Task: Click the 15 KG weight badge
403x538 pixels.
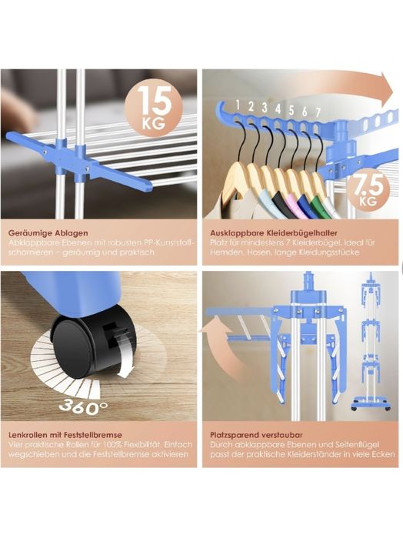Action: click(153, 107)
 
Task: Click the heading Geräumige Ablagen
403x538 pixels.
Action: click(48, 233)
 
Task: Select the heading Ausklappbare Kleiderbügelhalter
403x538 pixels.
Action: click(274, 233)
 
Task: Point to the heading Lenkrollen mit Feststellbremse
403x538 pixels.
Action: click(65, 435)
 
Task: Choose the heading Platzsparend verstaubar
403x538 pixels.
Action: click(256, 435)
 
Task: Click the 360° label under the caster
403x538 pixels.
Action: click(83, 408)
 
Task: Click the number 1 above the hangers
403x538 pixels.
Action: click(238, 105)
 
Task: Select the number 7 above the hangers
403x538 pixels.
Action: click(318, 112)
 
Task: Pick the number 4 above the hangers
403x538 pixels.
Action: click(278, 109)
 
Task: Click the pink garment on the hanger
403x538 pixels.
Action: click(291, 205)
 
